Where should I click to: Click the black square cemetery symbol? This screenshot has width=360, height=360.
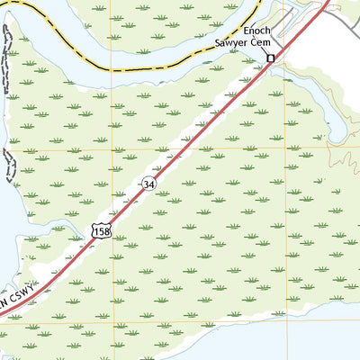pyautogui.click(x=269, y=59)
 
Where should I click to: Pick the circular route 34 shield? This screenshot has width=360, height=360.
pyautogui.click(x=147, y=184)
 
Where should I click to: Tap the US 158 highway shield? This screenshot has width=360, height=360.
pyautogui.click(x=101, y=232)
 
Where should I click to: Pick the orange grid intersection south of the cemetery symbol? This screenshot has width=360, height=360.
pyautogui.click(x=290, y=148)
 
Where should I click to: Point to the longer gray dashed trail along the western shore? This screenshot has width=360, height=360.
pyautogui.click(x=6, y=63)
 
